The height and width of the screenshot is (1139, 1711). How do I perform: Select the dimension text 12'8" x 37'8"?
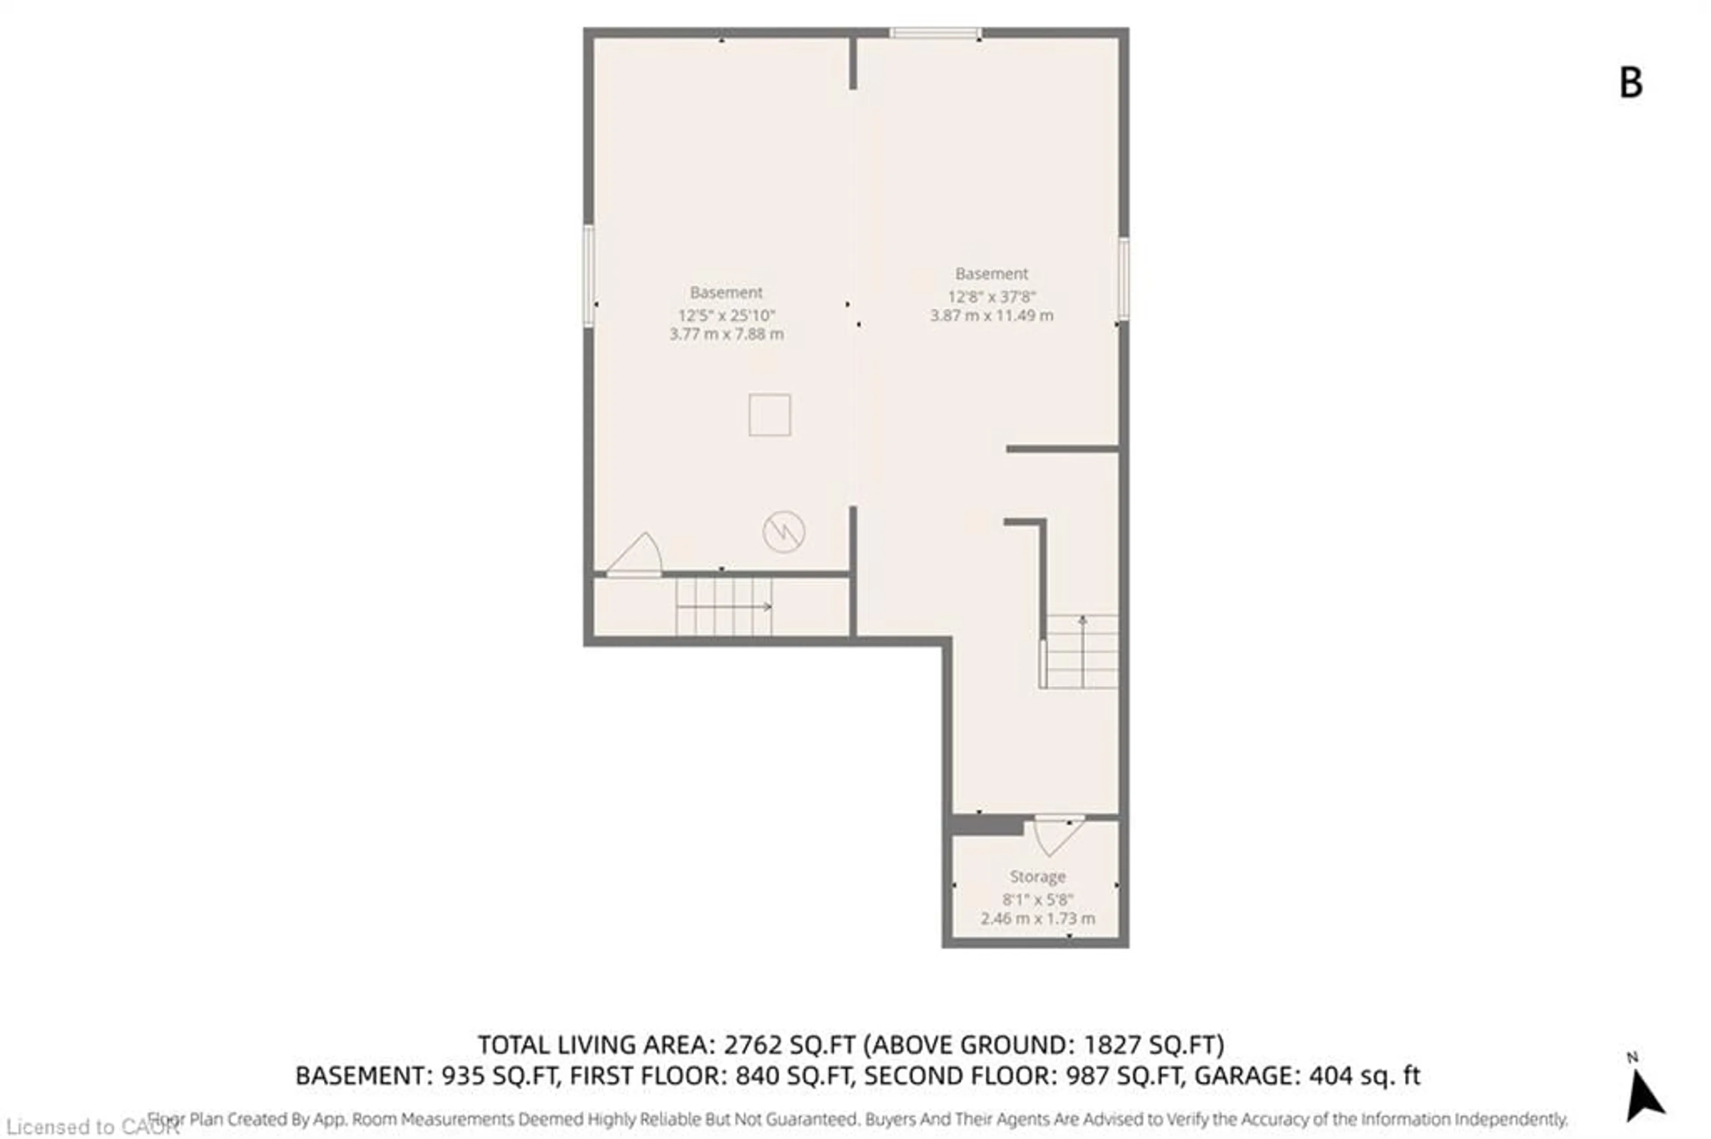tap(991, 297)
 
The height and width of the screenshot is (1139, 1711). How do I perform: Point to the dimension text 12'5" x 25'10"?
tap(726, 315)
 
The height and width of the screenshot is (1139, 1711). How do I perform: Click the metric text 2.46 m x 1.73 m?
tap(1037, 918)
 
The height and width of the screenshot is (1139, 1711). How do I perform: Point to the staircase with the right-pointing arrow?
tap(723, 606)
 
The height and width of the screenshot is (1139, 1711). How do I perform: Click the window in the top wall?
tap(935, 33)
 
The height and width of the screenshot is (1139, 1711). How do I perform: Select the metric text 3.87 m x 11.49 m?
tap(991, 315)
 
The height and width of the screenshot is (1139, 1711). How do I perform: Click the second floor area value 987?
tap(1087, 1075)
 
